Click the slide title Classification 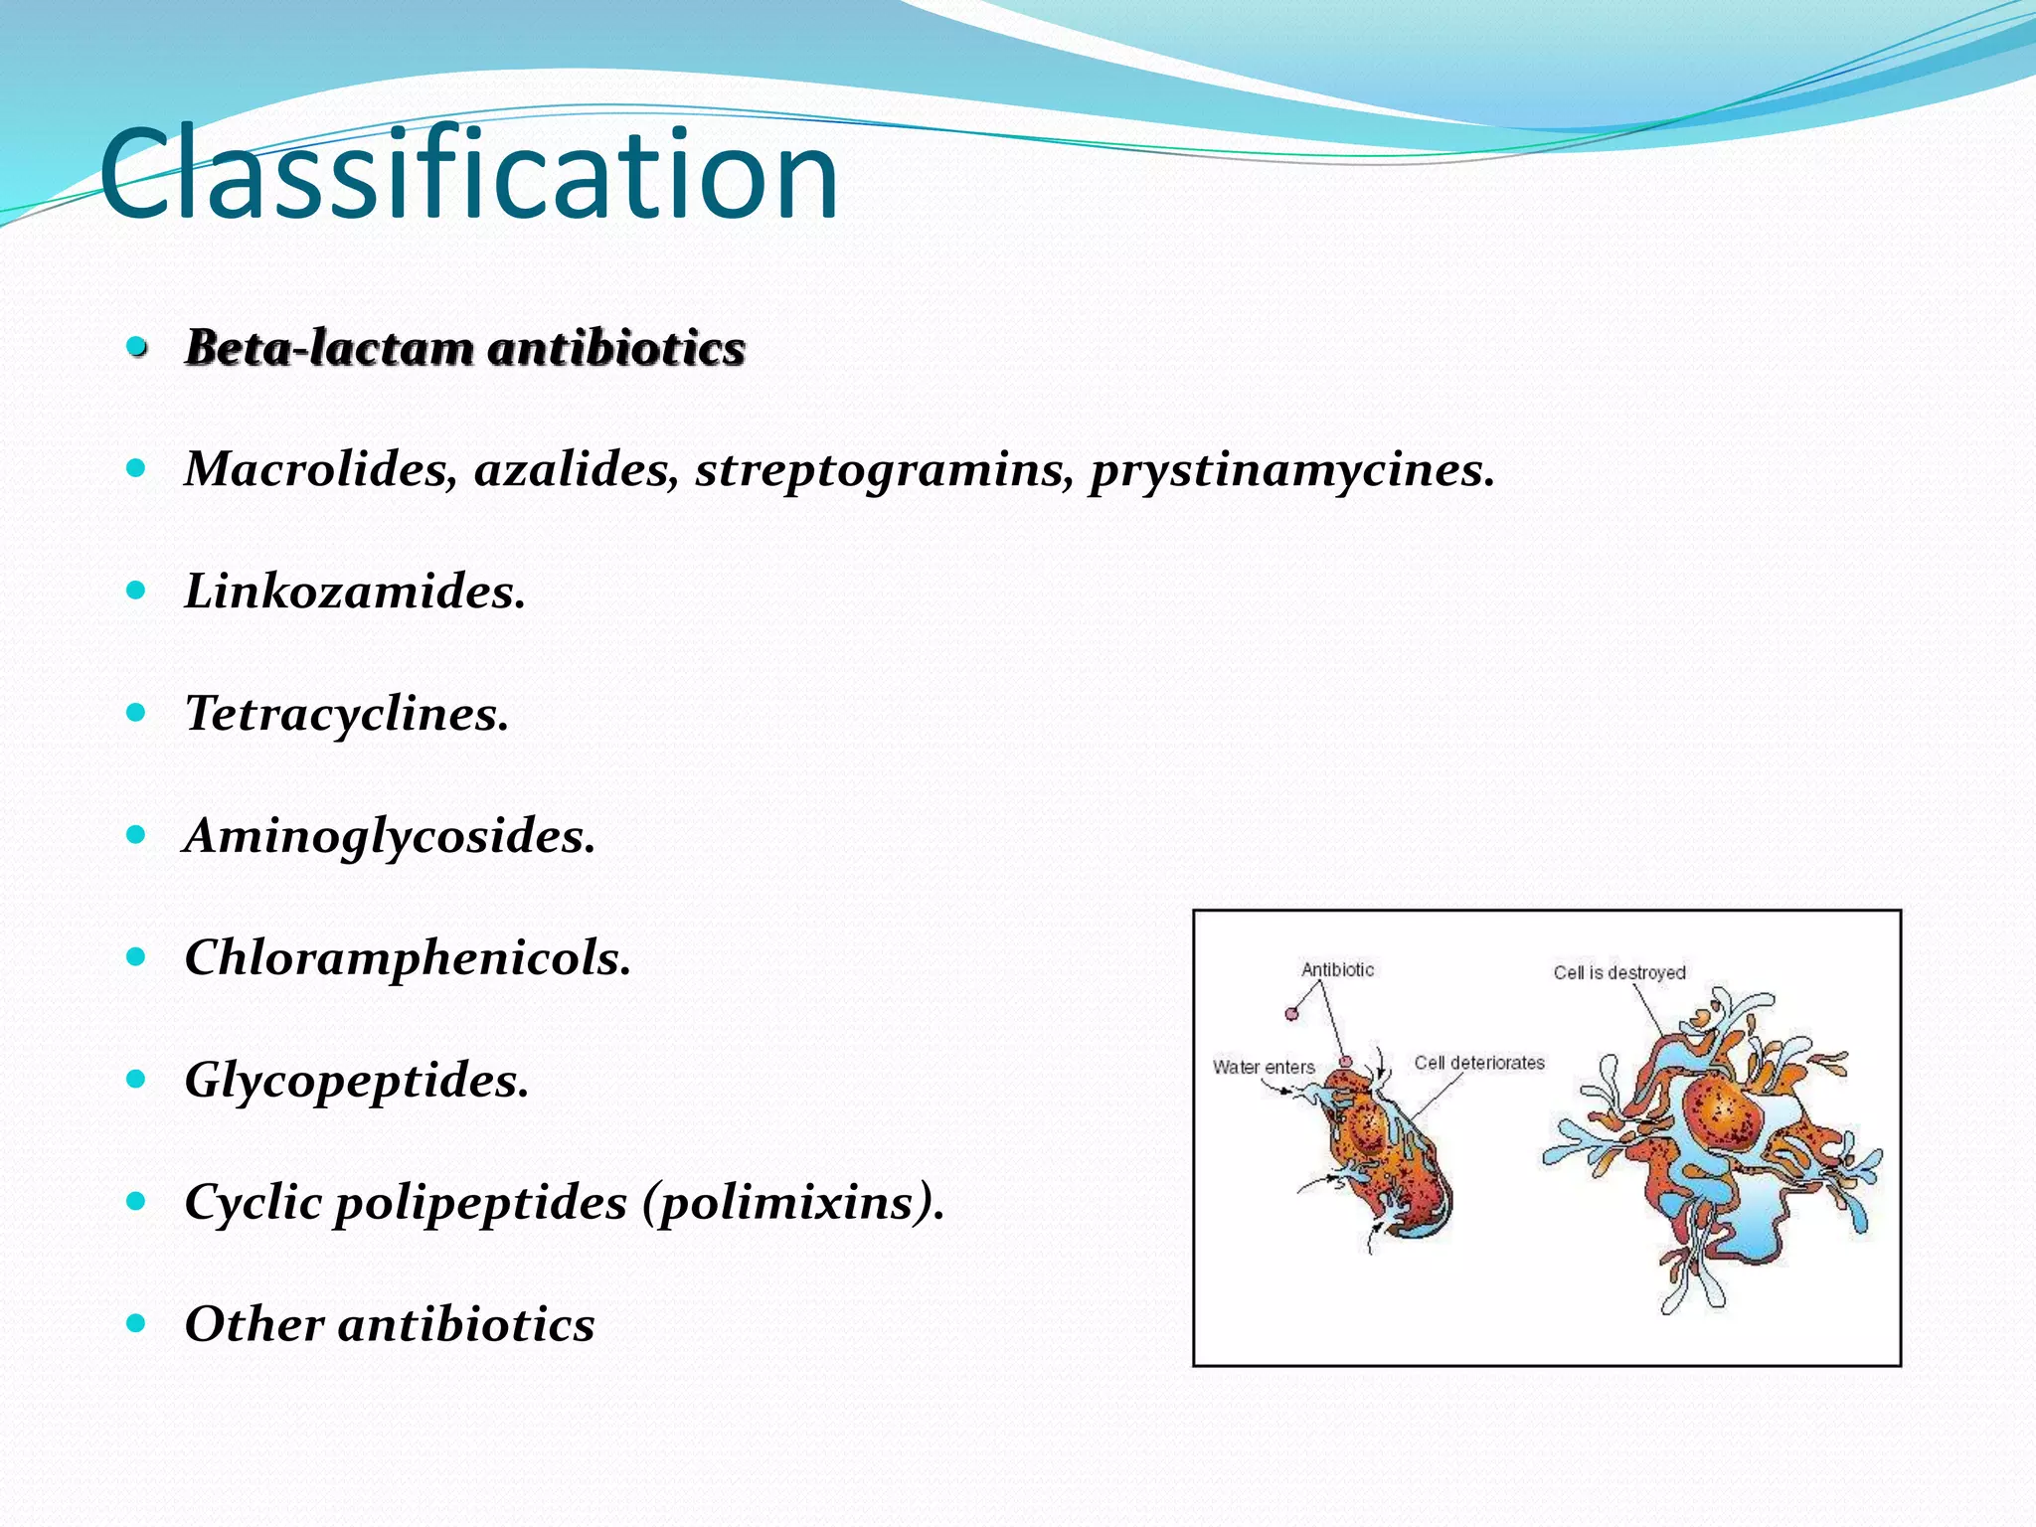click(468, 174)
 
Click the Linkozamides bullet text click(354, 592)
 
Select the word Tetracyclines click(346, 714)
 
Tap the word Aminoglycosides click(389, 836)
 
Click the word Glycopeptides click(356, 1081)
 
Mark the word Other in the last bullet click(254, 1324)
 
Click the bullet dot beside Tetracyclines click(136, 712)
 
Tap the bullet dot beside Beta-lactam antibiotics click(137, 347)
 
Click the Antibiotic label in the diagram click(1337, 969)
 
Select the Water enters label click(1264, 1067)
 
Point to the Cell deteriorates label click(1479, 1063)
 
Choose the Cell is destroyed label click(1619, 972)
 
